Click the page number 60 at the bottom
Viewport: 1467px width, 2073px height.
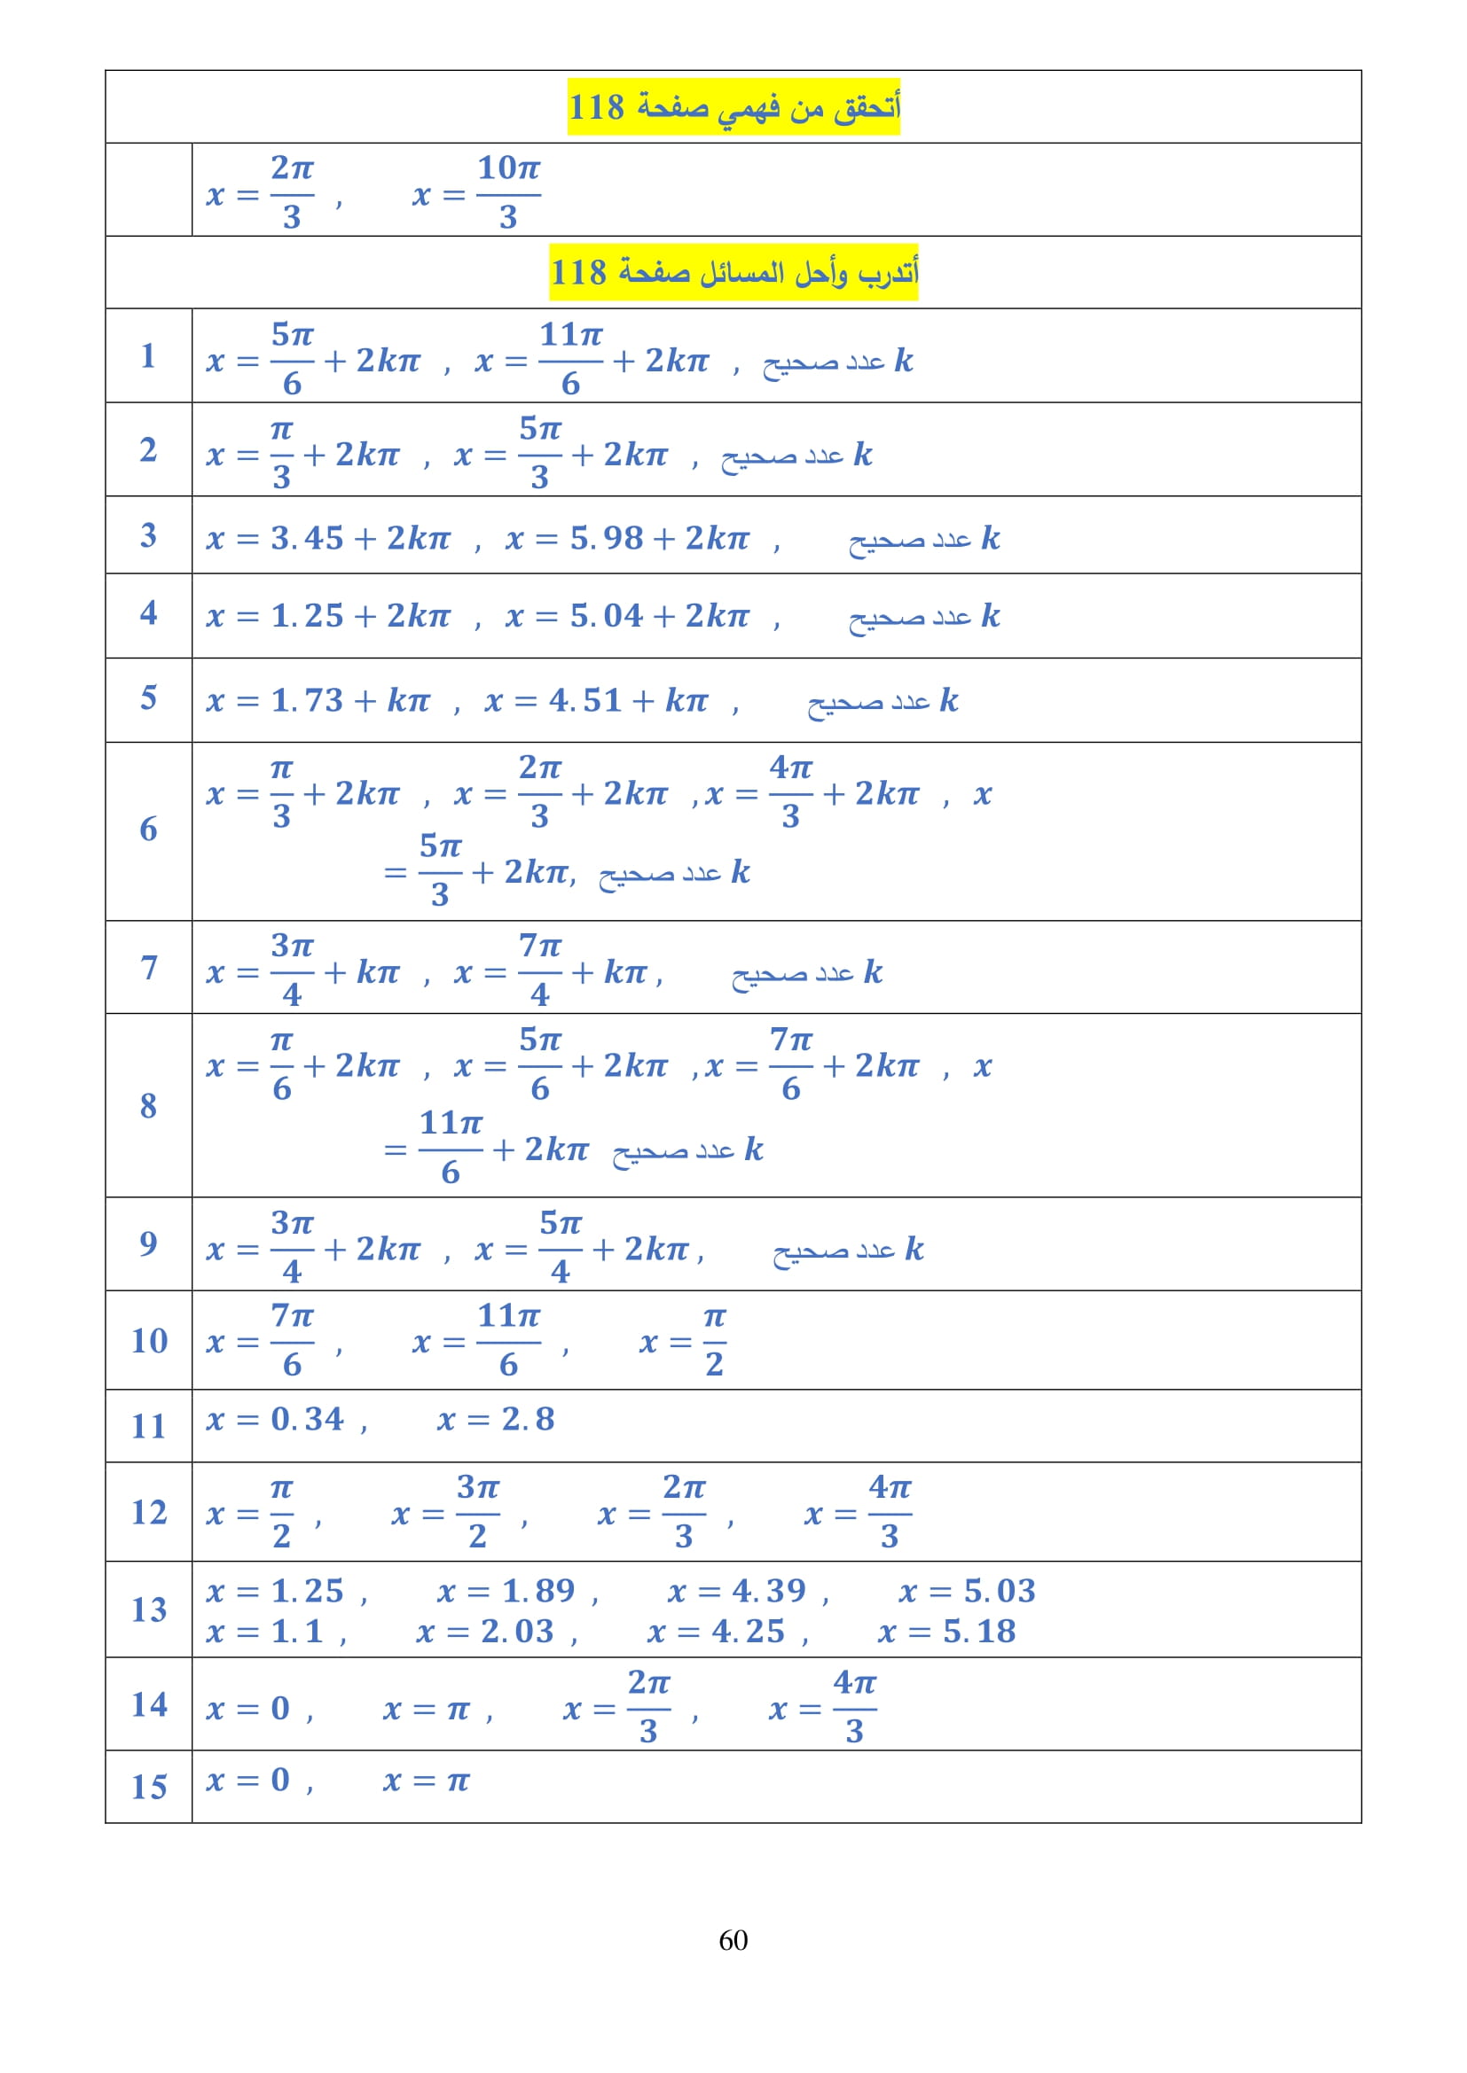pyautogui.click(x=733, y=1939)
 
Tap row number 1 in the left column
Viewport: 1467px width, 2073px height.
pyautogui.click(x=148, y=355)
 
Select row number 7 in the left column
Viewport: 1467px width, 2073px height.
pyautogui.click(x=149, y=967)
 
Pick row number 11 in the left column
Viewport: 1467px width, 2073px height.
pyautogui.click(x=149, y=1426)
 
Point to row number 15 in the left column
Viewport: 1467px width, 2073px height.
pyautogui.click(x=149, y=1786)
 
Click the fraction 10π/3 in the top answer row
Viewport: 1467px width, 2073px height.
pyautogui.click(x=508, y=191)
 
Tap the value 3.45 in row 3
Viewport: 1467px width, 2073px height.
pyautogui.click(x=307, y=538)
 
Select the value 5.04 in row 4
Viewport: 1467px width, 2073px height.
pyautogui.click(x=606, y=616)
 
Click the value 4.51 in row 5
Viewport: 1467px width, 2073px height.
pyautogui.click(x=585, y=700)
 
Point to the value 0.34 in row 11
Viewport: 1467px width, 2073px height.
pyautogui.click(x=307, y=1418)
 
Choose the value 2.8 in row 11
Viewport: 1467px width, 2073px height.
pyautogui.click(x=529, y=1418)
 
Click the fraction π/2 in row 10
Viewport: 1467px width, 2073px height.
pyautogui.click(x=715, y=1341)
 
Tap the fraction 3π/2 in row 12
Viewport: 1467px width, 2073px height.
pyautogui.click(x=478, y=1511)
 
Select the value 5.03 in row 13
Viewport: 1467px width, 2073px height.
pyautogui.click(x=999, y=1590)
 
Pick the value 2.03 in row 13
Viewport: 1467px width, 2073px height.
pyautogui.click(x=517, y=1631)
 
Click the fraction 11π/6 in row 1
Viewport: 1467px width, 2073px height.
pyautogui.click(x=571, y=358)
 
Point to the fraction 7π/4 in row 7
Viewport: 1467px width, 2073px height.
pyautogui.click(x=540, y=970)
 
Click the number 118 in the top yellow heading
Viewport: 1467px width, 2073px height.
pyautogui.click(x=596, y=106)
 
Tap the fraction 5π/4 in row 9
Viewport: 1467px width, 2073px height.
pyautogui.click(x=561, y=1247)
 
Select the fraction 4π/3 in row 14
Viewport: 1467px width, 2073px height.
pyautogui.click(x=854, y=1705)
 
